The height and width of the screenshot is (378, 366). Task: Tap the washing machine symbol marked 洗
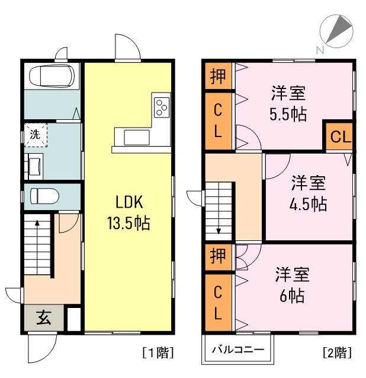(36, 135)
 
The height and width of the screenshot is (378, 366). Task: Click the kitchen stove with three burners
(162, 107)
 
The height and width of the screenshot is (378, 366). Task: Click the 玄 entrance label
(44, 318)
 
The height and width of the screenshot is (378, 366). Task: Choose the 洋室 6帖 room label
(292, 285)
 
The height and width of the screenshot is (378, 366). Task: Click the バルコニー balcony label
(237, 350)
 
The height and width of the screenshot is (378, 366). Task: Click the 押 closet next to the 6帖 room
(218, 258)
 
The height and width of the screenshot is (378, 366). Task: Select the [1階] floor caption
(157, 352)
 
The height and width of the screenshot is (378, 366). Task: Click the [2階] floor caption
(337, 352)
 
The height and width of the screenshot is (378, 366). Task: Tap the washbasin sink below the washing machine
(34, 164)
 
